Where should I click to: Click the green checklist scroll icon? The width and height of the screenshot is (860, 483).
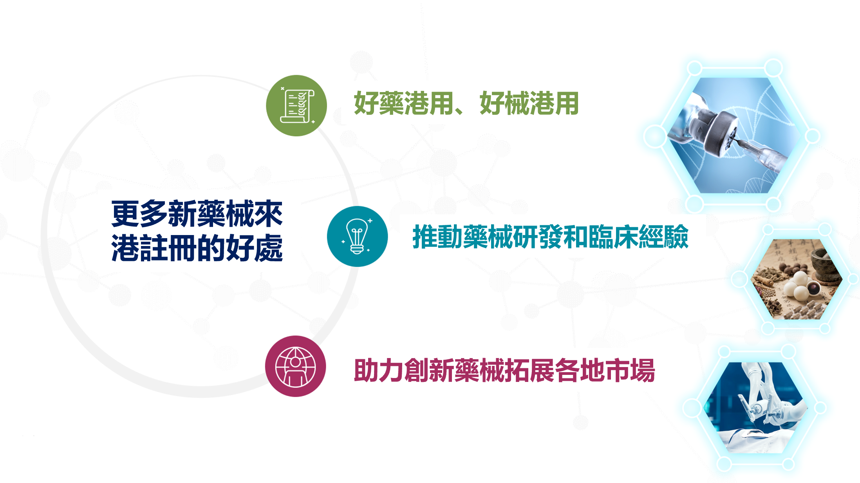click(x=296, y=105)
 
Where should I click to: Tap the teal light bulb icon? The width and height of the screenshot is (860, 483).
click(x=357, y=236)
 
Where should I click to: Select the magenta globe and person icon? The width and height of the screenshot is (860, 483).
click(x=296, y=366)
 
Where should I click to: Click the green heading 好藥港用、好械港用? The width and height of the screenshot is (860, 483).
click(x=466, y=103)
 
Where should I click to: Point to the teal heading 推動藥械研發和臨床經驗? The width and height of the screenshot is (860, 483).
click(x=551, y=237)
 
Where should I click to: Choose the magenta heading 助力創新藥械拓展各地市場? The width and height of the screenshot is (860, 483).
click(x=504, y=370)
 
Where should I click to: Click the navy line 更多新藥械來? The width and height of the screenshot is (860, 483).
click(x=197, y=213)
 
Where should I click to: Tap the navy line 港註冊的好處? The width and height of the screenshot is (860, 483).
click(x=197, y=248)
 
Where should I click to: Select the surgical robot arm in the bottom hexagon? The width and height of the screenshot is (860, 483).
click(x=764, y=396)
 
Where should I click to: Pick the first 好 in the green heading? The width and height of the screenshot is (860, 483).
click(x=366, y=103)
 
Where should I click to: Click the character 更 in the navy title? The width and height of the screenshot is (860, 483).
click(x=125, y=213)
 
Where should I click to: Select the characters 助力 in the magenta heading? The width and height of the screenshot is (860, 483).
click(x=379, y=370)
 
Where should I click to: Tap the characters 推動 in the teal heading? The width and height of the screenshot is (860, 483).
click(x=437, y=237)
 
